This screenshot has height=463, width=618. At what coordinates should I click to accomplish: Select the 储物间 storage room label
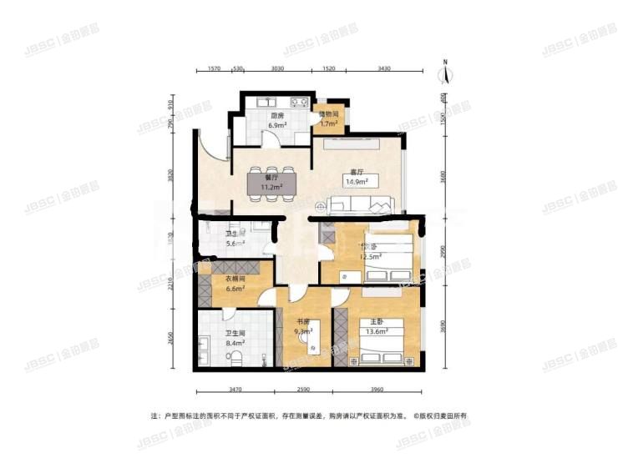[x=329, y=113]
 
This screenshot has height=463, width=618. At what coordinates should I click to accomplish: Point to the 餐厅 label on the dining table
[x=271, y=177]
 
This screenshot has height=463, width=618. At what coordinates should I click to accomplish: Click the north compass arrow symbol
[x=448, y=74]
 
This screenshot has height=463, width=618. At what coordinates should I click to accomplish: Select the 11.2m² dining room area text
[x=271, y=187]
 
